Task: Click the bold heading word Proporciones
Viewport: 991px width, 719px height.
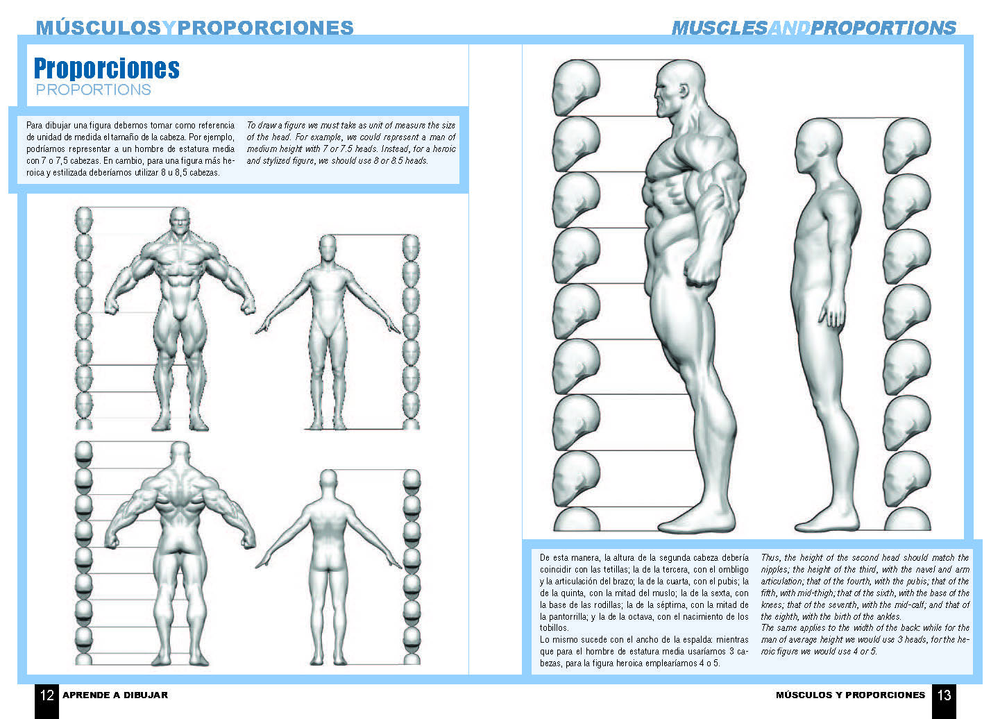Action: coord(107,68)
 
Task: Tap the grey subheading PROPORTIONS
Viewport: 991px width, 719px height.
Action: coord(94,90)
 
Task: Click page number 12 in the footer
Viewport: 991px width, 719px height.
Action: coord(47,695)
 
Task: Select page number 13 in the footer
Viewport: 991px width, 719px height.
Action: coord(944,695)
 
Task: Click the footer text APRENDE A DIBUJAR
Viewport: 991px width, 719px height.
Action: coord(115,695)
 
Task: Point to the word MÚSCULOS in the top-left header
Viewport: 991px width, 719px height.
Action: coord(99,28)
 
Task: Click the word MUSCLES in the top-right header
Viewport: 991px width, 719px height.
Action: coord(720,28)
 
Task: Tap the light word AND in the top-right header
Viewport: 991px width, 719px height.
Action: coord(790,28)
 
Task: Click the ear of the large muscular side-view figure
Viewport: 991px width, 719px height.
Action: coord(684,91)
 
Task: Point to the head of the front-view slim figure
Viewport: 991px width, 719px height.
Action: coord(328,247)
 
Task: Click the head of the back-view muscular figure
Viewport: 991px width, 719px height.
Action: coord(180,454)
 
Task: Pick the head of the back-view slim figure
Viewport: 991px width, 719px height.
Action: coord(328,482)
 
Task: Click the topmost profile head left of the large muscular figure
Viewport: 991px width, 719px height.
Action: coord(576,87)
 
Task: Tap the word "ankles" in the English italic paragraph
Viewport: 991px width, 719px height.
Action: coord(887,616)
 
